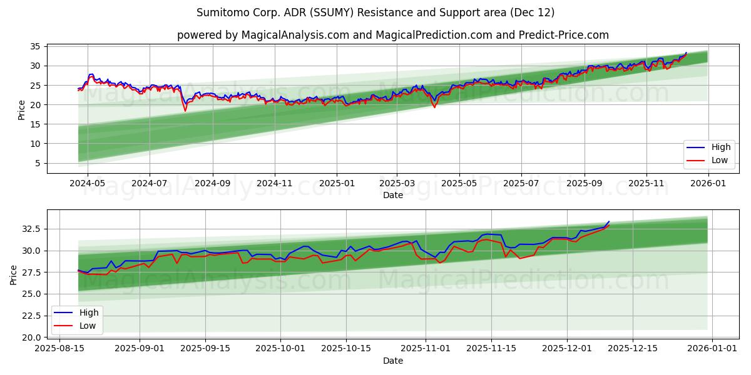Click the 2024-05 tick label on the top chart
coord(87,183)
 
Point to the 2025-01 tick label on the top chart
coord(336,183)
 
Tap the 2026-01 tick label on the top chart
coord(708,183)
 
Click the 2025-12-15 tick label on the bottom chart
coord(633,348)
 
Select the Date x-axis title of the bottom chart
coord(392,361)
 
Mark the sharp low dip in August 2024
coord(185,111)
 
